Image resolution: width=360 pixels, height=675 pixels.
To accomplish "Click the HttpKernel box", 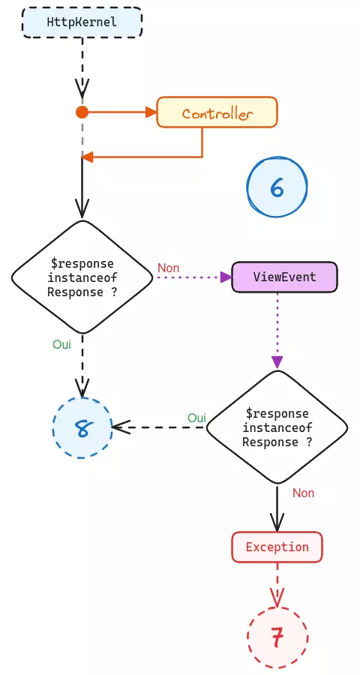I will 82,22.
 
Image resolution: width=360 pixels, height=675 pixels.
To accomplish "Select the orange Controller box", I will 217,113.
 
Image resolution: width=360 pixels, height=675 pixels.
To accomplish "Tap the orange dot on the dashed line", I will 82,112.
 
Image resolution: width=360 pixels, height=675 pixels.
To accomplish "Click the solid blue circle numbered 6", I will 277,187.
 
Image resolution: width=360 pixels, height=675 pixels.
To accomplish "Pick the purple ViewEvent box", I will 284,277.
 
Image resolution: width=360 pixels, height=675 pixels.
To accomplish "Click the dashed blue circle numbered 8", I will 82,428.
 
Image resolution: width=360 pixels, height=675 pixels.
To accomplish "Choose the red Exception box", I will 277,547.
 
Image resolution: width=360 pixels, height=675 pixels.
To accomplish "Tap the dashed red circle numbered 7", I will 277,637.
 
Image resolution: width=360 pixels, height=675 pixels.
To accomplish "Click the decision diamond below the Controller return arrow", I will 82,277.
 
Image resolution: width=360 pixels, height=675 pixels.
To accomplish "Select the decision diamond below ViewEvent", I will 277,427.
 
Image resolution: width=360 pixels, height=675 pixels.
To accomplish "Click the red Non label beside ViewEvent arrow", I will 169,268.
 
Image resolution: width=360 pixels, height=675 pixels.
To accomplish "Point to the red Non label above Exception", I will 303,493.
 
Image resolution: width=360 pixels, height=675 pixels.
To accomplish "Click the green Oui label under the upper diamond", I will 61,344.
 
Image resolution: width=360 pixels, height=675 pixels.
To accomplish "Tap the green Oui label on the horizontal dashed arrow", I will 196,418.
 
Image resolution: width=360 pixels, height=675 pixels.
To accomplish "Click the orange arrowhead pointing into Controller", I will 150,112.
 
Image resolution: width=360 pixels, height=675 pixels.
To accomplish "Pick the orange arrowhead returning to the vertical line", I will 88,157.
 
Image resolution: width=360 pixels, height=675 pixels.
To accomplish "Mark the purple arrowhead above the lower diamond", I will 277,362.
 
